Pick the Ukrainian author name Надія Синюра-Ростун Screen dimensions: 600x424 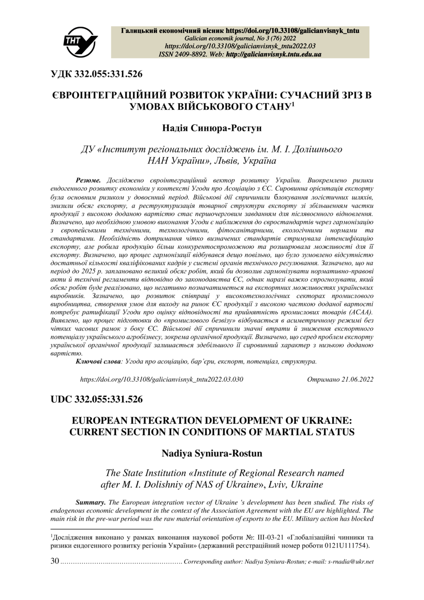point(212,128)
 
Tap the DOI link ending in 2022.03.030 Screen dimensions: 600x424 point(161,379)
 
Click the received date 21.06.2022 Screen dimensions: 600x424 point(357,379)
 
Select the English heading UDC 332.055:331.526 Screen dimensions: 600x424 point(97,399)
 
